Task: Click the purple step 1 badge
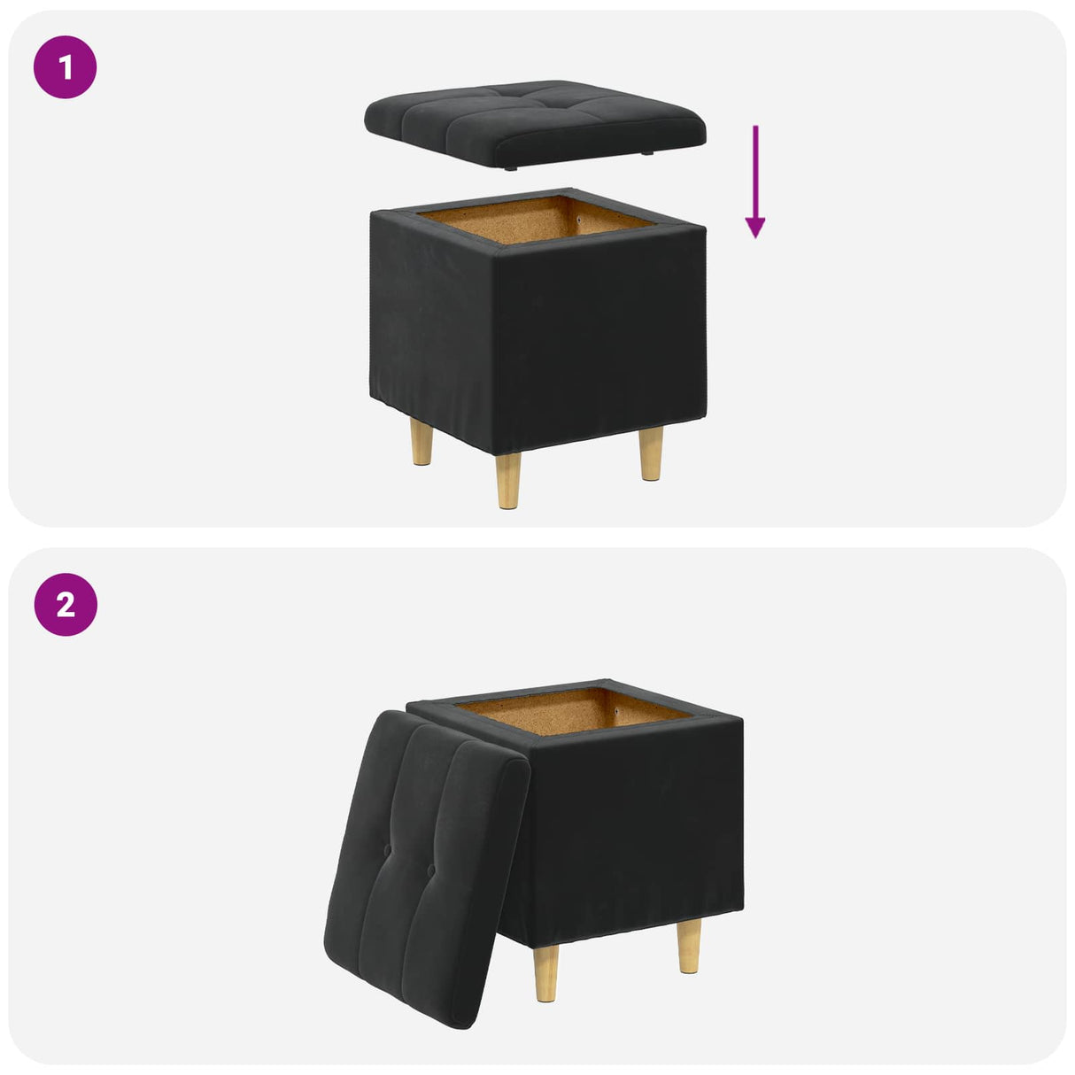(65, 66)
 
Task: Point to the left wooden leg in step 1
(422, 443)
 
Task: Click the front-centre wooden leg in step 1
(508, 480)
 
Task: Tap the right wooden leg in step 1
(651, 452)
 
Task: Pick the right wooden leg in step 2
(690, 946)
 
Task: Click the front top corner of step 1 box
(494, 252)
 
